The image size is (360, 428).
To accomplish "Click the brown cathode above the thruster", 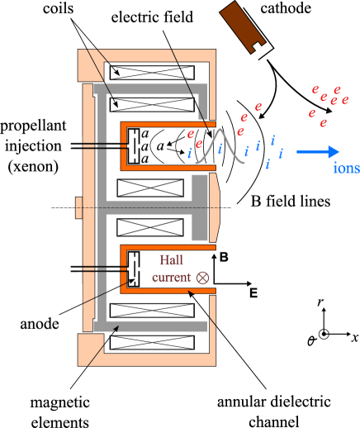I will (243, 26).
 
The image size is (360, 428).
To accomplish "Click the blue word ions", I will (346, 168).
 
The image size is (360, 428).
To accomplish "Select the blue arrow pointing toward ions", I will (318, 151).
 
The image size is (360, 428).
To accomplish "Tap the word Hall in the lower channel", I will (171, 260).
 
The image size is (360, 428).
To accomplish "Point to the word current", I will (171, 278).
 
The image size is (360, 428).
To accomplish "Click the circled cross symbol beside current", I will (202, 278).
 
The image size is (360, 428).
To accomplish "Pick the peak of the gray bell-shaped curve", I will (220, 131).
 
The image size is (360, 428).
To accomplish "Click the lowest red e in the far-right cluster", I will (324, 123).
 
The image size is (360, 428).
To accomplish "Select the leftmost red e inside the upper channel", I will (191, 134).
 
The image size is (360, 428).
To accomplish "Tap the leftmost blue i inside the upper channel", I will (190, 153).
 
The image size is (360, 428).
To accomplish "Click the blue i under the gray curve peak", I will (220, 149).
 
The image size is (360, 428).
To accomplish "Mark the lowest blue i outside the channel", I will (267, 164).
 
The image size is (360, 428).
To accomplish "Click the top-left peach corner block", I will (90, 65).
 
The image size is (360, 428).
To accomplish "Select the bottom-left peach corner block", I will (90, 350).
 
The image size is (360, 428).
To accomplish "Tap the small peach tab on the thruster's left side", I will (78, 207).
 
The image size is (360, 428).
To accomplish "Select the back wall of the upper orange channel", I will (124, 146).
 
